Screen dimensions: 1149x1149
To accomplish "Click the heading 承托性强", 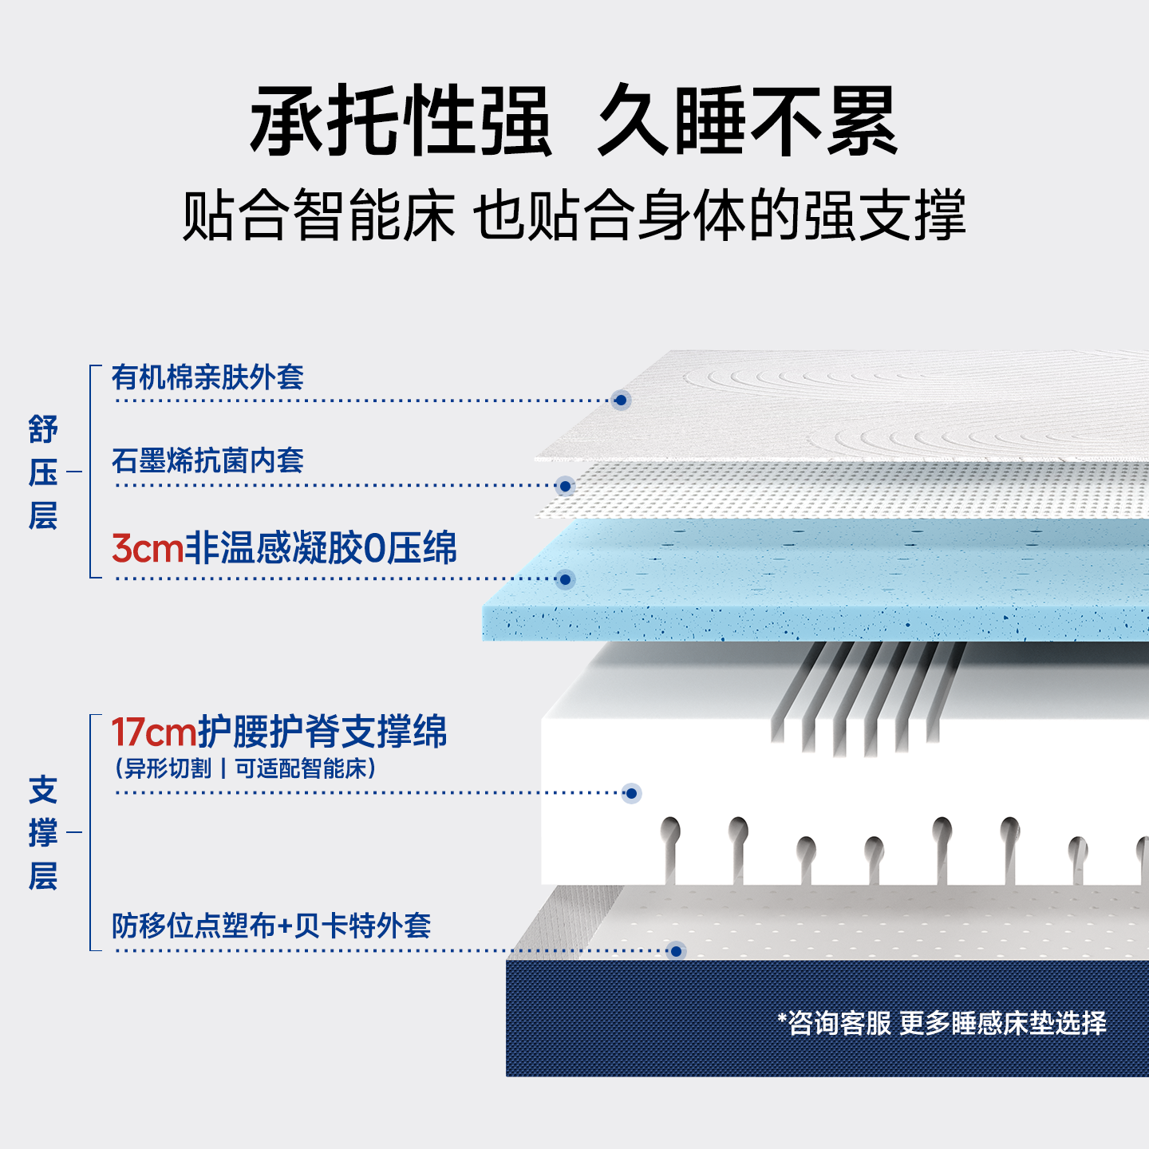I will tap(401, 121).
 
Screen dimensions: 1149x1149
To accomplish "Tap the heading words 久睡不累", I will tap(748, 121).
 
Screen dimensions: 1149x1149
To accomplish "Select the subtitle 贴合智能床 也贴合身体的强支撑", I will tap(574, 215).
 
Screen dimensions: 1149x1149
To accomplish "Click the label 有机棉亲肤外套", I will tap(207, 377).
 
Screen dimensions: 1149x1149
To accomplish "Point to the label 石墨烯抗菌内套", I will tap(207, 460).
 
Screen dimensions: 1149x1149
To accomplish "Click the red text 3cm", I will tap(148, 549).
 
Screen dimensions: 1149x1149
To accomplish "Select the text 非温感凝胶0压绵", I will tap(321, 549).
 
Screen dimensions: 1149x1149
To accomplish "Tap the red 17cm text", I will tap(153, 732).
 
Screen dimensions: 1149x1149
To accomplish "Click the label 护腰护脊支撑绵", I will tap(322, 732).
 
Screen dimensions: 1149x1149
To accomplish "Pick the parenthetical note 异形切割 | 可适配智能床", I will tap(246, 768).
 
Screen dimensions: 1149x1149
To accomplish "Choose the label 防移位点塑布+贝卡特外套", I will tap(271, 926).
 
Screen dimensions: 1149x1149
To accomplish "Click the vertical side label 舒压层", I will tap(43, 472).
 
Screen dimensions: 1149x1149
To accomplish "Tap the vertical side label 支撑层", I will tap(43, 833).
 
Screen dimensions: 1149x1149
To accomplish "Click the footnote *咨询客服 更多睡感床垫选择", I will tap(942, 1023).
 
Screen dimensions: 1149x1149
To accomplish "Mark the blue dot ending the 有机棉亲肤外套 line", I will tap(621, 400).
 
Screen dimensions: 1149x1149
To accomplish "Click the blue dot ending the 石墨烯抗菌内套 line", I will tap(565, 486).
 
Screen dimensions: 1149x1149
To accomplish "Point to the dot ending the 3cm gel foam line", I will tap(565, 579).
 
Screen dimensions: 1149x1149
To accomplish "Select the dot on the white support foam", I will tap(631, 793).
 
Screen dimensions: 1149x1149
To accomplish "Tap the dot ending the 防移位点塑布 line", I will tap(677, 951).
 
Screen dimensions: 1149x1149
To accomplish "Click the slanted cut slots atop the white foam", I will tap(866, 698).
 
